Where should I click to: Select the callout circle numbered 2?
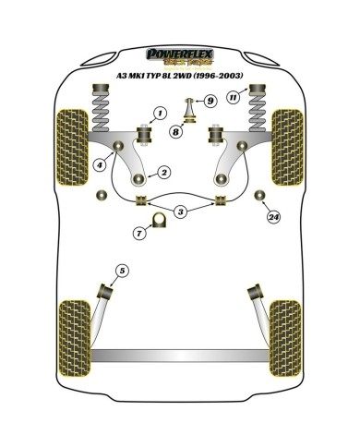coord(162,173)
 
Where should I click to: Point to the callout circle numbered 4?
coord(98,166)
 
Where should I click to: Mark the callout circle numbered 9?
coord(210,101)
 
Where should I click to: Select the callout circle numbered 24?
coord(271,218)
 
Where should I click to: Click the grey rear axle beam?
coord(179,355)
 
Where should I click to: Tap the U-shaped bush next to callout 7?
coord(158,220)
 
